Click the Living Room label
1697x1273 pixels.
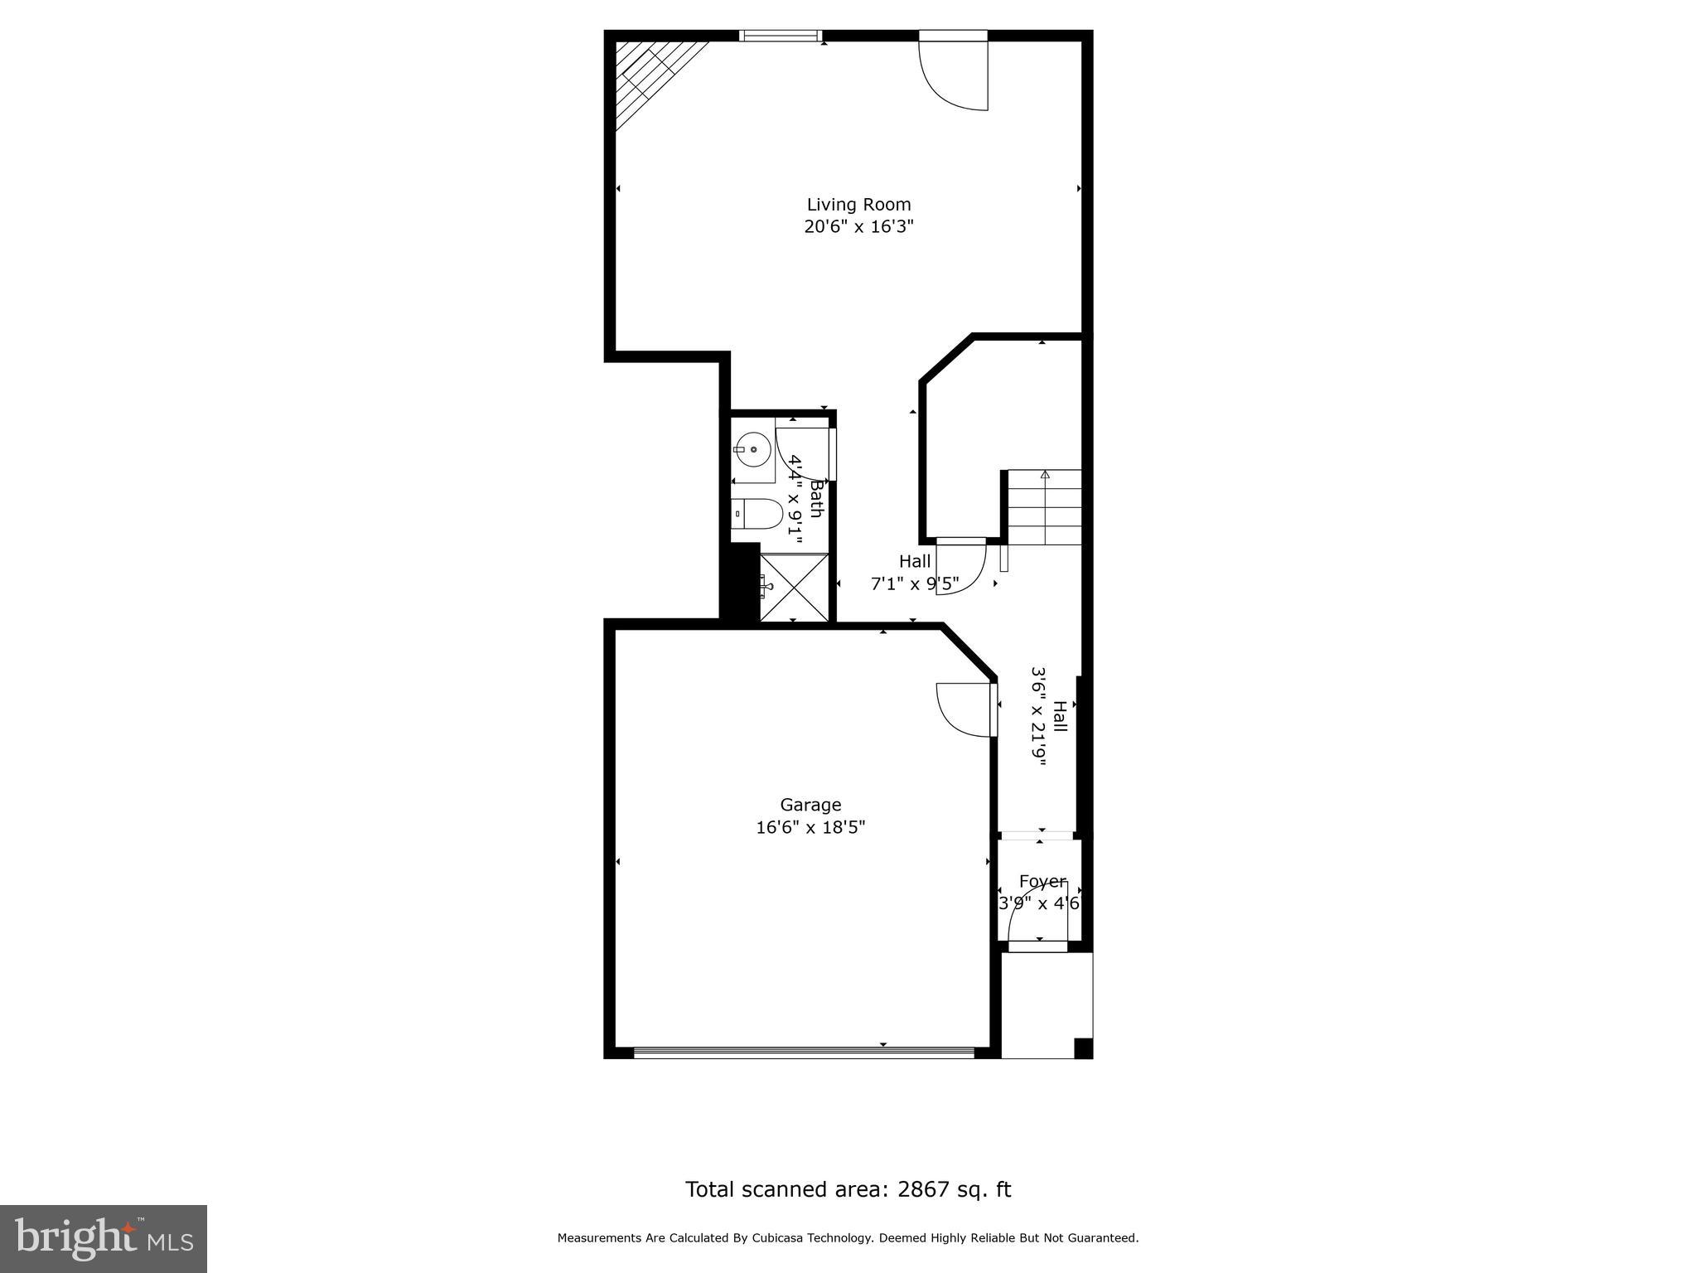tap(858, 205)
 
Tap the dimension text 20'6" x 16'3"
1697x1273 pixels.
tap(858, 226)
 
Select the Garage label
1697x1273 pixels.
tap(810, 805)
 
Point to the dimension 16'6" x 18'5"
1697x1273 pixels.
tap(810, 827)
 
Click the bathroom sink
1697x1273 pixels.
tap(752, 450)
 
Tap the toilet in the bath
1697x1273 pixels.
tap(757, 515)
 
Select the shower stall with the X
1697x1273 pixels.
tap(794, 587)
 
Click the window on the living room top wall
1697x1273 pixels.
tap(780, 36)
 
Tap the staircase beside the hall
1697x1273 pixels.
tap(1044, 507)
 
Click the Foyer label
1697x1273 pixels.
tap(1042, 881)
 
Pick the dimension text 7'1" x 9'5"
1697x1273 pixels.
tap(914, 583)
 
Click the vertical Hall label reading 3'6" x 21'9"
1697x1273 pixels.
tap(1049, 716)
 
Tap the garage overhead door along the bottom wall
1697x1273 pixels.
tap(803, 1053)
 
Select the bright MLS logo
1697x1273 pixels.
tap(104, 1238)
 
